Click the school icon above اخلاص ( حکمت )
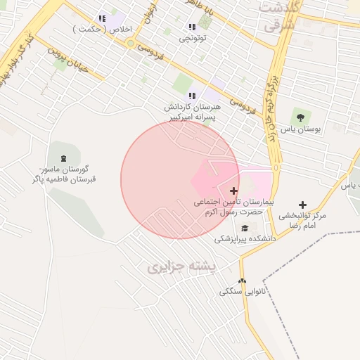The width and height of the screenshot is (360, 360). [102, 18]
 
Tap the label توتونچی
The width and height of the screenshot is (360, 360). [192, 39]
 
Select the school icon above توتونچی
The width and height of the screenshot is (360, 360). [192, 27]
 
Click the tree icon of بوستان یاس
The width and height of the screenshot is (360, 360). [300, 116]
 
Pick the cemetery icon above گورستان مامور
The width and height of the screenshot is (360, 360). [65, 157]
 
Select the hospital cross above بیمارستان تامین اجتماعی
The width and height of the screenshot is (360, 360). [233, 191]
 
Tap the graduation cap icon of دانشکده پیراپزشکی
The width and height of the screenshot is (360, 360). [245, 227]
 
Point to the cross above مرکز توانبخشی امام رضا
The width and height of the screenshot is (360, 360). [303, 205]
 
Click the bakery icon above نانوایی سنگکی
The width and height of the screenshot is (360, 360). [243, 281]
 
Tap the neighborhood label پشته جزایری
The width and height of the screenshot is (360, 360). [184, 268]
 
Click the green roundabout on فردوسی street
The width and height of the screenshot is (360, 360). [130, 43]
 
